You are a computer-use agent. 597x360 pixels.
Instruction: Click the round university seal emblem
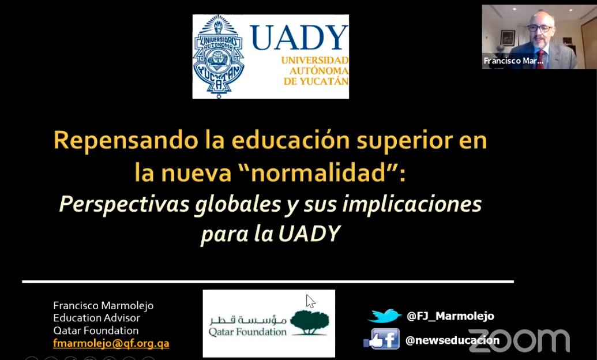(218, 57)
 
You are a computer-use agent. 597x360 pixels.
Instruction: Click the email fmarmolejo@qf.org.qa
(111, 343)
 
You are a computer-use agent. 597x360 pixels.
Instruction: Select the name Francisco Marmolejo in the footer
(103, 306)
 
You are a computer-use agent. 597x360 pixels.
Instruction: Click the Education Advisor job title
(96, 318)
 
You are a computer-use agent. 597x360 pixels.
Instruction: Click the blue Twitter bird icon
(384, 316)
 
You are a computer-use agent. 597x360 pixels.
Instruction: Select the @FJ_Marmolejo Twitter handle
(450, 316)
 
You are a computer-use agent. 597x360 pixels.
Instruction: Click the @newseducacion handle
(452, 340)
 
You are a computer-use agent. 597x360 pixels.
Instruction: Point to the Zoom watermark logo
(519, 340)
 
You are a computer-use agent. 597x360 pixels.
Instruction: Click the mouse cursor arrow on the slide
(310, 301)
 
